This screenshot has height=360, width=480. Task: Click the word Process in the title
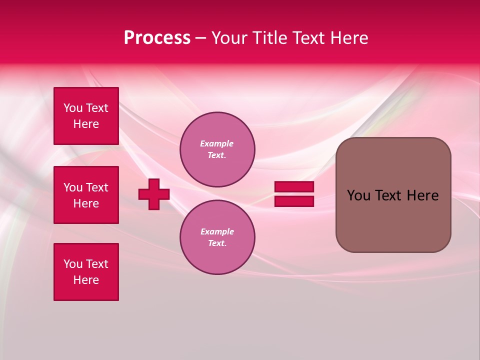tap(157, 38)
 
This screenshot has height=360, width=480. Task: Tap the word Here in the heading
tap(348, 38)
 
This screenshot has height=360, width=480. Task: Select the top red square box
tap(86, 116)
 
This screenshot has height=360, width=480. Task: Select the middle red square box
tap(86, 195)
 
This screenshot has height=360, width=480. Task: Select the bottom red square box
tap(86, 272)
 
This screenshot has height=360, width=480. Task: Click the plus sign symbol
tap(154, 194)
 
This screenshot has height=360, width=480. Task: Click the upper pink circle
tap(217, 149)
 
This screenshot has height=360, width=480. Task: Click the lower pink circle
tap(217, 237)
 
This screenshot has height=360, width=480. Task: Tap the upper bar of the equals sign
tap(294, 187)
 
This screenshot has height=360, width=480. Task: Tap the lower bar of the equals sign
tap(294, 201)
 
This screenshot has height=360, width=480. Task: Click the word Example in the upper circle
tap(217, 143)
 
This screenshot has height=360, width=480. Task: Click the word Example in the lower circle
tap(217, 231)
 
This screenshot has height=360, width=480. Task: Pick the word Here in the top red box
tap(86, 124)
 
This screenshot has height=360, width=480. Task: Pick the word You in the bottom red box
tap(73, 264)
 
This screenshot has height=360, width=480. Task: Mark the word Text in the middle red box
tap(96, 187)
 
